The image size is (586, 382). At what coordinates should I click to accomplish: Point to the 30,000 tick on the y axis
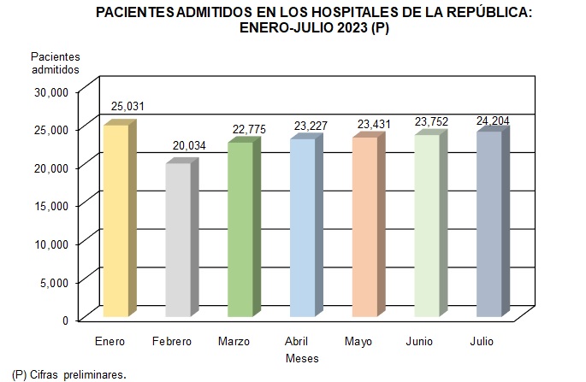(x=53, y=91)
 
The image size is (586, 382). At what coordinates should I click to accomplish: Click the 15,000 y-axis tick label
(x=53, y=205)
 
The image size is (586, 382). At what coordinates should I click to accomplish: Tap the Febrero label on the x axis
(x=172, y=342)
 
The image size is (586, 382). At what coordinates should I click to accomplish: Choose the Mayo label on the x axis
(x=358, y=342)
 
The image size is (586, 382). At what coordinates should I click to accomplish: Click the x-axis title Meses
(x=302, y=358)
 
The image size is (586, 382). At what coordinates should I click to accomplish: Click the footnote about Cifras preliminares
(x=64, y=374)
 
